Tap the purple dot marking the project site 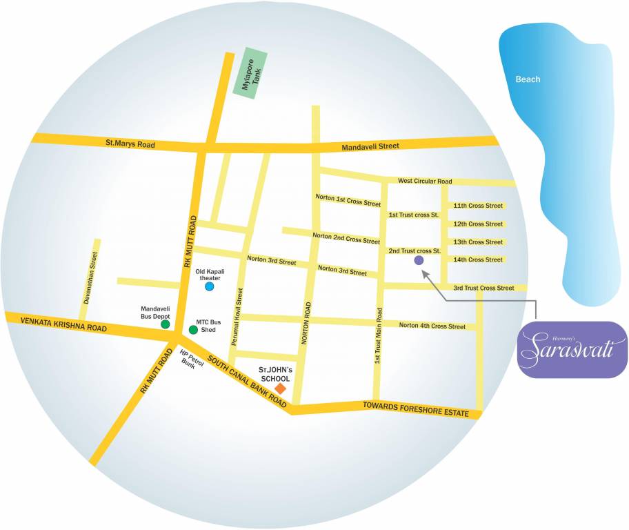tap(418, 260)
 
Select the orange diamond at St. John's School tap(280, 388)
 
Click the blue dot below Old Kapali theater tap(209, 286)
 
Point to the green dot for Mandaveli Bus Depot tap(165, 324)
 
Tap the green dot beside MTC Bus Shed tap(193, 330)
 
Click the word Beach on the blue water tap(528, 79)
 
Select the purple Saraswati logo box tap(572, 349)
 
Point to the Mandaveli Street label tap(370, 146)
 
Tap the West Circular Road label tap(424, 181)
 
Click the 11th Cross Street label tap(478, 206)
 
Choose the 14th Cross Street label tap(478, 259)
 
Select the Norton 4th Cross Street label tap(432, 326)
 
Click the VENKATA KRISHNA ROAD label tap(63, 325)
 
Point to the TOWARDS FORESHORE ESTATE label tap(415, 410)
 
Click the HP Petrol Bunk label tap(188, 359)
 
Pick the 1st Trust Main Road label tap(378, 336)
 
